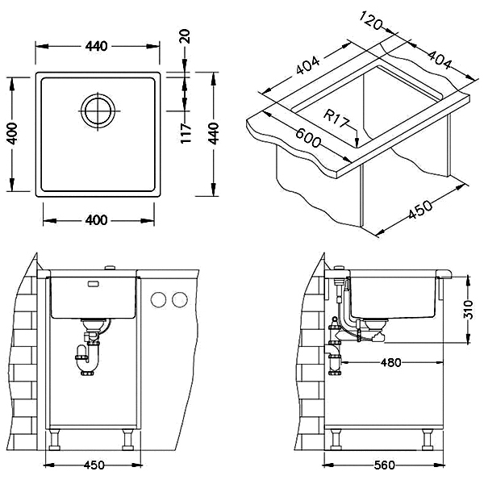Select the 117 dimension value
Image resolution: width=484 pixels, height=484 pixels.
click(x=185, y=133)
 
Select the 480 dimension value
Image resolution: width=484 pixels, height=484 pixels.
click(x=390, y=362)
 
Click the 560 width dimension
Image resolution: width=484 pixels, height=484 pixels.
click(x=383, y=465)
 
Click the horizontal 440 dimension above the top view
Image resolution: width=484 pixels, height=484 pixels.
click(x=97, y=47)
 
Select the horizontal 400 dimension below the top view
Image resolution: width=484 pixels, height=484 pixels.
click(x=97, y=219)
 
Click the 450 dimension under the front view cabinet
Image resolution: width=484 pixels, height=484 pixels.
click(x=94, y=465)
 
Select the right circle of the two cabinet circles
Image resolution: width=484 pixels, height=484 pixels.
click(x=178, y=299)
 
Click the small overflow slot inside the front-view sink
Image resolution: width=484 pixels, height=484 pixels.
click(x=94, y=284)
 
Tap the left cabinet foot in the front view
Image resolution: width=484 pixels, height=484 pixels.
click(x=58, y=440)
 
